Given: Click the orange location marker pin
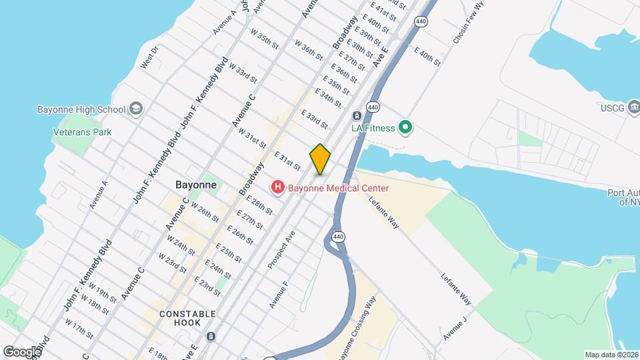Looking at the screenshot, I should point(320,159).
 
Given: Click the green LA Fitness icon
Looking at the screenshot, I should point(404,127).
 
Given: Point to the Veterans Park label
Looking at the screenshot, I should point(82,132).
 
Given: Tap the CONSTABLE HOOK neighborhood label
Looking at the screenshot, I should point(187,318).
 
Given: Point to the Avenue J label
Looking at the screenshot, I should point(453,331).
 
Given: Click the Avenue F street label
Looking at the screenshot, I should point(279,294).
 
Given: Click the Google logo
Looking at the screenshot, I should point(21,351).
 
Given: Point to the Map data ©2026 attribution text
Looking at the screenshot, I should point(611,355).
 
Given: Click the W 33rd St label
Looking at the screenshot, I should point(243,72).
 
